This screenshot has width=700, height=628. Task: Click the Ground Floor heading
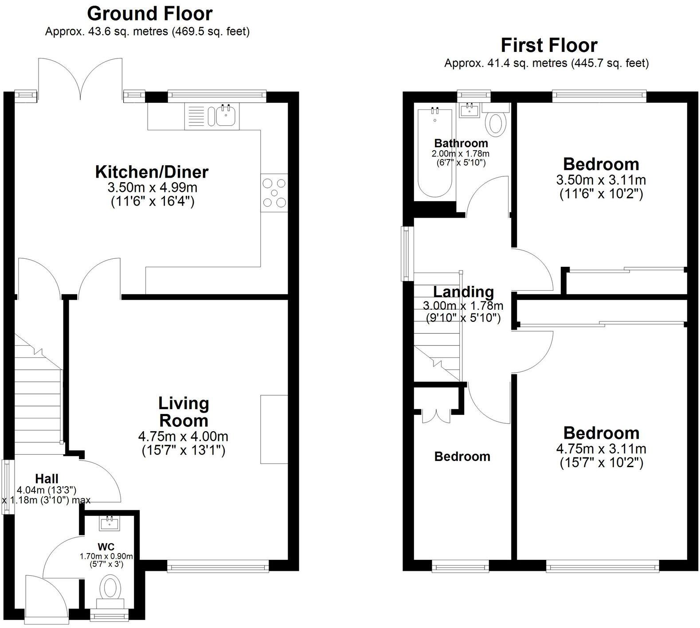click(x=150, y=14)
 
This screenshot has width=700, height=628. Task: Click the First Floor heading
click(x=549, y=45)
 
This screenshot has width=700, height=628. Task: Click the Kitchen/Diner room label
click(x=152, y=172)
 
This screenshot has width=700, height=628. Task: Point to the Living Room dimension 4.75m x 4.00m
click(x=183, y=436)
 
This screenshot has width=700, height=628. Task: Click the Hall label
click(x=47, y=479)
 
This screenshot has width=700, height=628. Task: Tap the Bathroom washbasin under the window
click(x=469, y=109)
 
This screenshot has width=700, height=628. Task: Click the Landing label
click(x=463, y=292)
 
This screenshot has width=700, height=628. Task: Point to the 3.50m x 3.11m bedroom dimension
click(x=601, y=180)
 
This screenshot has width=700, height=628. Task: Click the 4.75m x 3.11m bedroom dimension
click(x=601, y=449)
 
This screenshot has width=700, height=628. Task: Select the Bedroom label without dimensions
click(x=462, y=456)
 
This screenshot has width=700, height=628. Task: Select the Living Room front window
click(x=218, y=566)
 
